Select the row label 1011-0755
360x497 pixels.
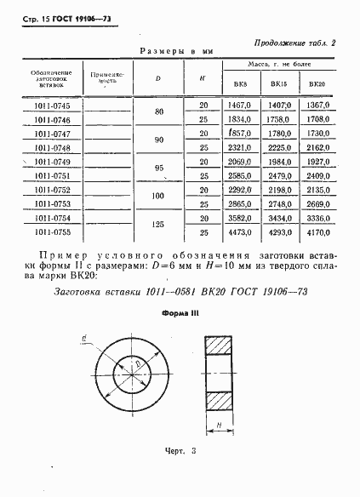tap(52, 231)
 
